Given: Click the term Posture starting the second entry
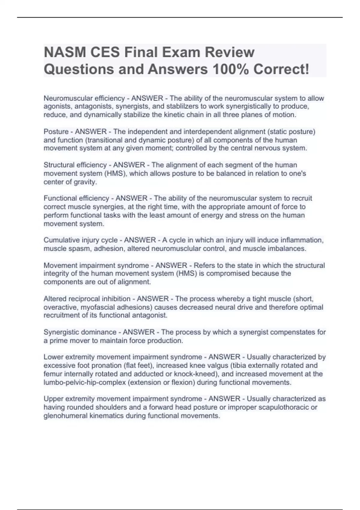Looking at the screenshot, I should pos(56,132).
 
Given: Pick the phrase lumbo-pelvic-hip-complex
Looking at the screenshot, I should pos(85,382).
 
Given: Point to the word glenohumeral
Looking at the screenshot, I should pos(65,415).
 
